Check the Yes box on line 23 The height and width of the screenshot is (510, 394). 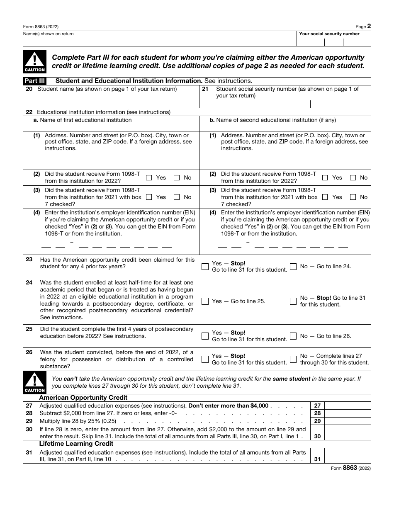tap(205, 267)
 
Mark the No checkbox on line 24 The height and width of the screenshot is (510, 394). tap(293, 301)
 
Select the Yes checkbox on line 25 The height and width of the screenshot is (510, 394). tap(205, 336)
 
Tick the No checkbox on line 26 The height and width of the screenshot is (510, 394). tap(293, 359)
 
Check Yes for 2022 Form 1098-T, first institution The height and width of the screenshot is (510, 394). tap(149, 178)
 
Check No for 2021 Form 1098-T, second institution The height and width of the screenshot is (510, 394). tap(353, 197)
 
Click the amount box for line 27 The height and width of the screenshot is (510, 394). tap(347, 406)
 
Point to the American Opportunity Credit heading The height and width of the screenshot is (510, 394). tap(83, 398)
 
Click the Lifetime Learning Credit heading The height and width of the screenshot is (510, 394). tap(76, 444)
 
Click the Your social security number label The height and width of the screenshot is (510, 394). tap(329, 34)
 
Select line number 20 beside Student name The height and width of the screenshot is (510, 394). tap(29, 89)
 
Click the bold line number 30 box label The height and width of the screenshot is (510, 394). tap(317, 436)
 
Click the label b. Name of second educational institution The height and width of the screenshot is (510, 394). tap(272, 120)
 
